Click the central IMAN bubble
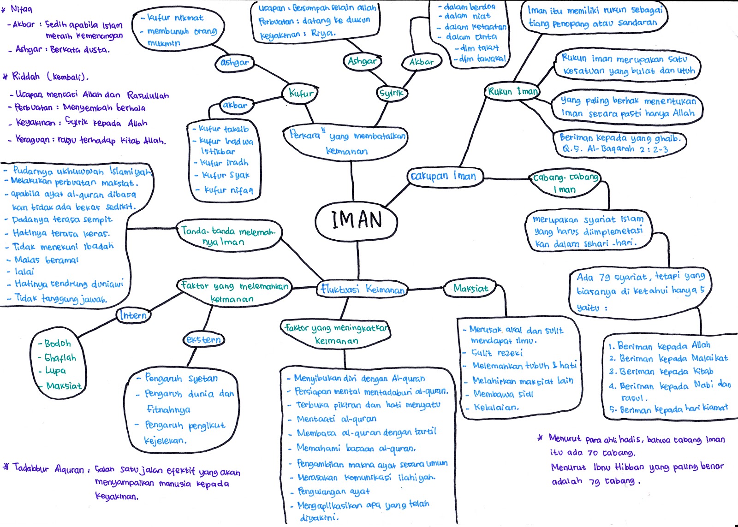[x=356, y=220]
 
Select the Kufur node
[x=301, y=93]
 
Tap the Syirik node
[x=391, y=93]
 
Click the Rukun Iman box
[x=512, y=91]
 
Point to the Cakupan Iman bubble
[x=444, y=176]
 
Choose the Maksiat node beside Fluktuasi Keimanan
[x=470, y=289]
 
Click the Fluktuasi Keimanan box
[x=363, y=289]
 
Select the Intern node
[x=133, y=315]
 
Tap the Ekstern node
[x=203, y=340]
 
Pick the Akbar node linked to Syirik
[x=422, y=61]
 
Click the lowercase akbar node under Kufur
[x=235, y=105]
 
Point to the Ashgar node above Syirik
[x=363, y=61]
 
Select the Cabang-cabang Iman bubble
[x=565, y=183]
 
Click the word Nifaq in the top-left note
[x=21, y=9]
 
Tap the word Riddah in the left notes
[x=26, y=76]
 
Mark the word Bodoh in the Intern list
[x=58, y=343]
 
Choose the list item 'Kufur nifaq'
[x=228, y=190]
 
